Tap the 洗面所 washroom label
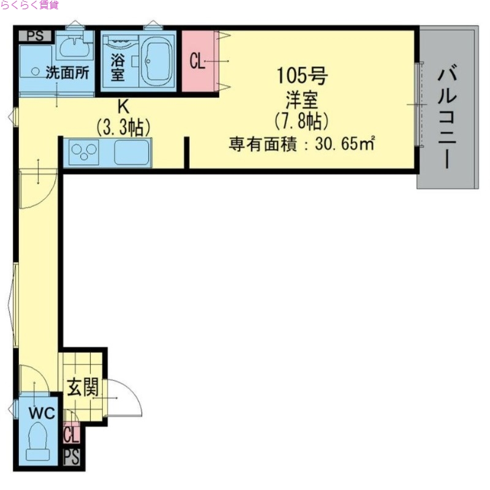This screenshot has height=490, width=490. point(67,72)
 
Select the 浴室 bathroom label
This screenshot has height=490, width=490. point(118,68)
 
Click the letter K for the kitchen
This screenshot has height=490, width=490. point(123,107)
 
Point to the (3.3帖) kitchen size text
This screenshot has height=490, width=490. point(123,127)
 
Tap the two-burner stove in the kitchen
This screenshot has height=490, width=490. point(85,151)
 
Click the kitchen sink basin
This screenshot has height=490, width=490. point(131,151)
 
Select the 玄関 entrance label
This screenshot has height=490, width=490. point(83,388)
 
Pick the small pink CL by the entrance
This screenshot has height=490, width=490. point(71,434)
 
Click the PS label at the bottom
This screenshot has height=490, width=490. point(72,458)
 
